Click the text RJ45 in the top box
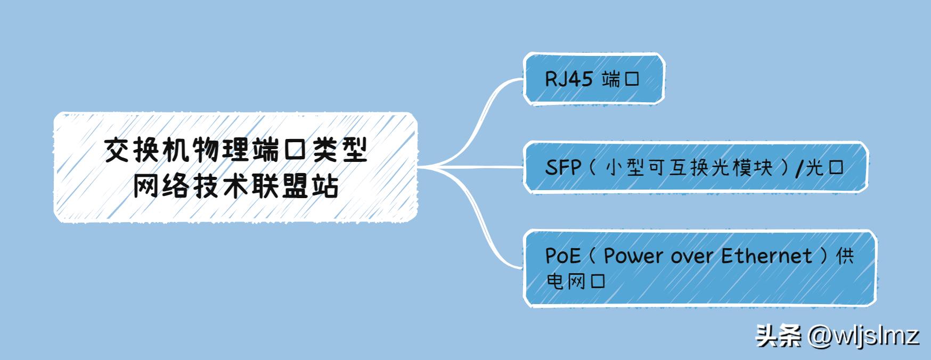click(x=568, y=79)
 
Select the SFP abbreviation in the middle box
click(x=562, y=168)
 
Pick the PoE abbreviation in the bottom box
click(x=562, y=256)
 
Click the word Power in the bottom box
click(x=634, y=256)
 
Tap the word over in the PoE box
click(x=692, y=257)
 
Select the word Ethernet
click(x=767, y=256)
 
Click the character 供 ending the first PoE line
click(x=845, y=256)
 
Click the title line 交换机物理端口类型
click(x=235, y=151)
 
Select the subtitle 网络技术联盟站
click(x=235, y=186)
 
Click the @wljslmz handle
click(x=863, y=336)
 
